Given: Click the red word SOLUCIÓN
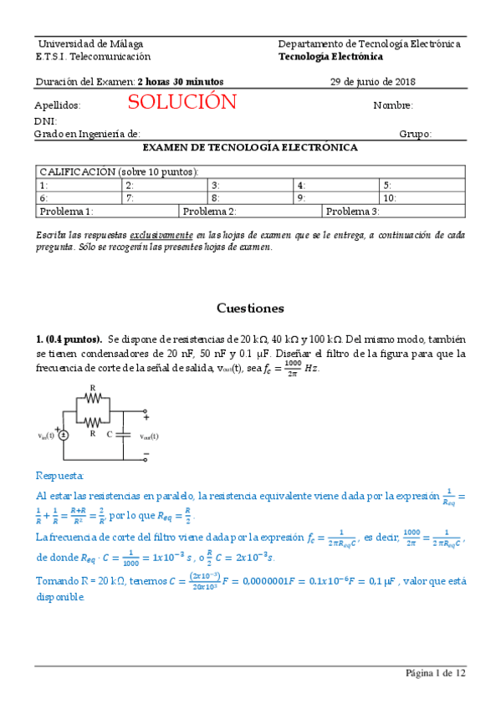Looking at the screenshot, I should point(182,103).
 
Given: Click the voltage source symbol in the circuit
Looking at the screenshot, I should point(64,435).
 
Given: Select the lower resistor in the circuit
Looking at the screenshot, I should point(94,422).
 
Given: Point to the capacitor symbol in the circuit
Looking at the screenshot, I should point(123,435).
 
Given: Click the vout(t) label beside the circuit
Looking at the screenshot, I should point(150,436).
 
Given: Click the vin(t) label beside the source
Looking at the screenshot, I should point(46,436).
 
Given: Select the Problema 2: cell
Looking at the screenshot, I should point(251,212).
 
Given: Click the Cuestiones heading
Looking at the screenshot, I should point(250,309).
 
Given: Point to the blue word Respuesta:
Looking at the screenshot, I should point(60,476).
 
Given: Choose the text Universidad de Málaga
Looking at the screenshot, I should point(89,43).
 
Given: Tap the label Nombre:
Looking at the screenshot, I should point(393,105).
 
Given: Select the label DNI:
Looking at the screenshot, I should point(45,120).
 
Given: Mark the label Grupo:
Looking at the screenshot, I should point(415,134).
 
